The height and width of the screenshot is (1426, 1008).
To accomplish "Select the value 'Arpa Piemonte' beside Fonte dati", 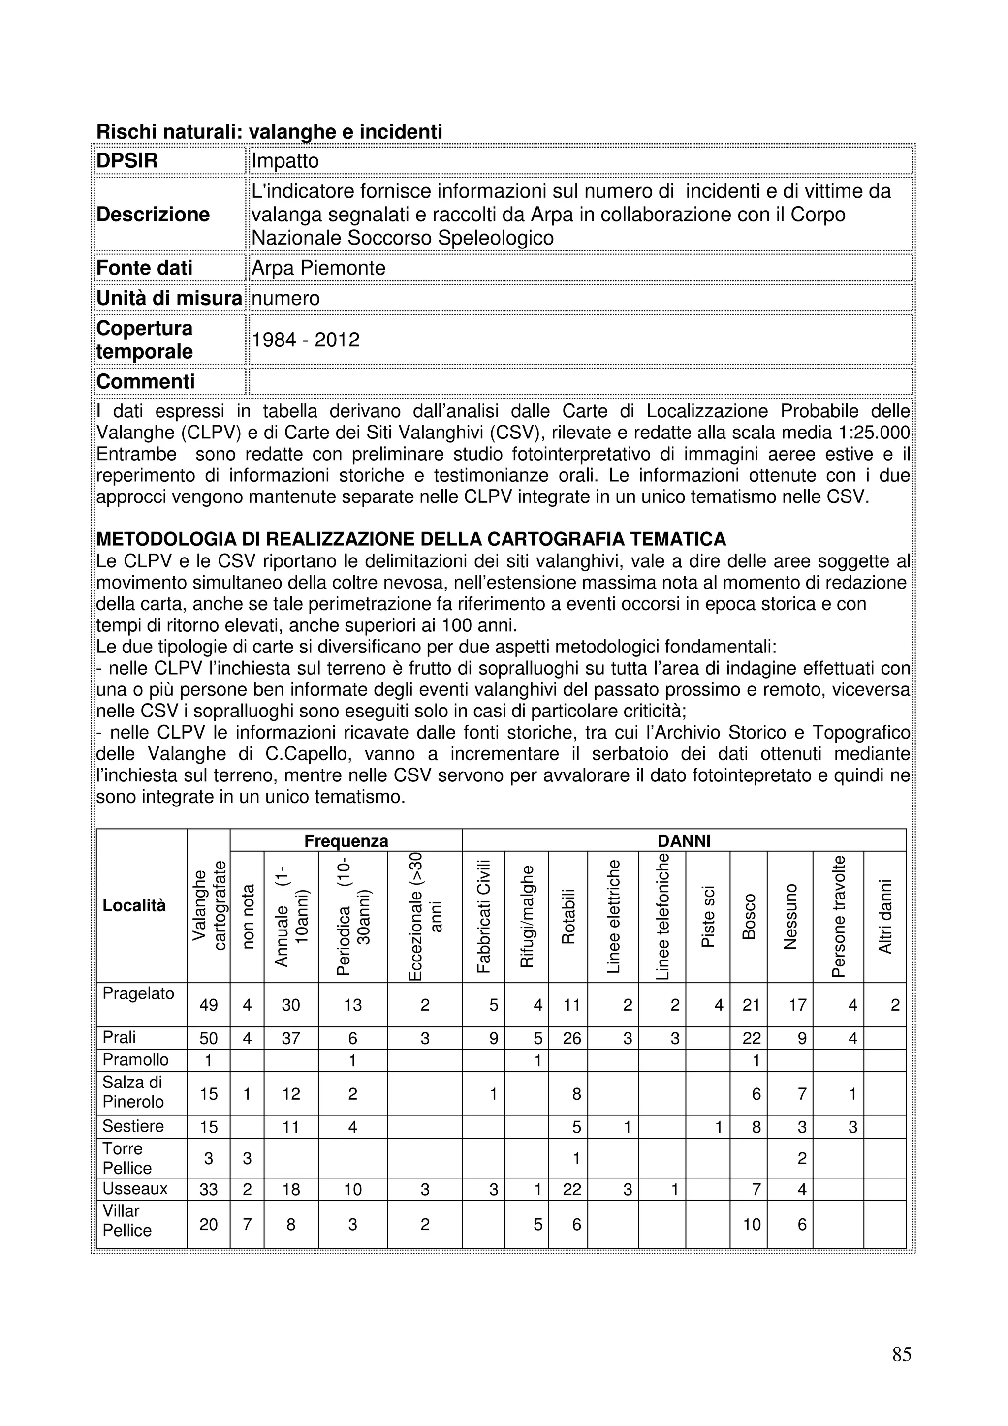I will click(x=318, y=268).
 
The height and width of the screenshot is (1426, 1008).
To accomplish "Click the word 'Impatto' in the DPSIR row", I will click(x=285, y=161).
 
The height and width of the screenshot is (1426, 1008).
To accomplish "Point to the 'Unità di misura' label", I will click(x=169, y=298).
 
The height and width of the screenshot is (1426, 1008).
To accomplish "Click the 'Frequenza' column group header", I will click(x=346, y=841).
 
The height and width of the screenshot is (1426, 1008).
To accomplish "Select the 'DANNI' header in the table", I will click(x=683, y=841).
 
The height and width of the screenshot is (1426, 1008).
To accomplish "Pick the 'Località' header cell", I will click(x=134, y=905).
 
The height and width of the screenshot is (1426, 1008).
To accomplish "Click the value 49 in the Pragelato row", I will click(x=209, y=1005).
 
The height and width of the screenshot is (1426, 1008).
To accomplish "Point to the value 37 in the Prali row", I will click(x=291, y=1038).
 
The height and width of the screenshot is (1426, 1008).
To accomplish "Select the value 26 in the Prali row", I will click(x=571, y=1038).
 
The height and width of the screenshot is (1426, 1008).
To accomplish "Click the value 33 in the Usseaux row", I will click(x=209, y=1189).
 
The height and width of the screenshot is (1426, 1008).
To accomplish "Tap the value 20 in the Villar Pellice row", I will click(x=209, y=1224).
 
